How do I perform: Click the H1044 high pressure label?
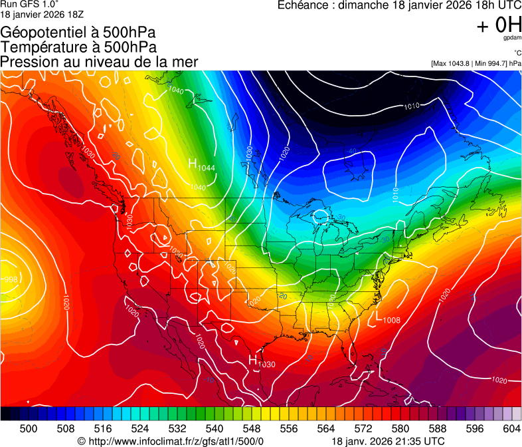click(x=202, y=165)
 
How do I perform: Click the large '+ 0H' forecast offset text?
click(x=499, y=25)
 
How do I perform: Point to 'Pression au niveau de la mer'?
click(x=99, y=62)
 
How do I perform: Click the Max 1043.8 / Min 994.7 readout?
click(x=476, y=63)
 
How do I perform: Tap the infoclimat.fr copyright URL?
click(x=171, y=441)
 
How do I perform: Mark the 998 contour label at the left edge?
click(x=10, y=279)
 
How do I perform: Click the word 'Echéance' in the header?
click(x=304, y=6)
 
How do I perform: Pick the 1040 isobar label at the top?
click(x=176, y=90)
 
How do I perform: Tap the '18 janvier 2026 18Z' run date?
click(x=42, y=14)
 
